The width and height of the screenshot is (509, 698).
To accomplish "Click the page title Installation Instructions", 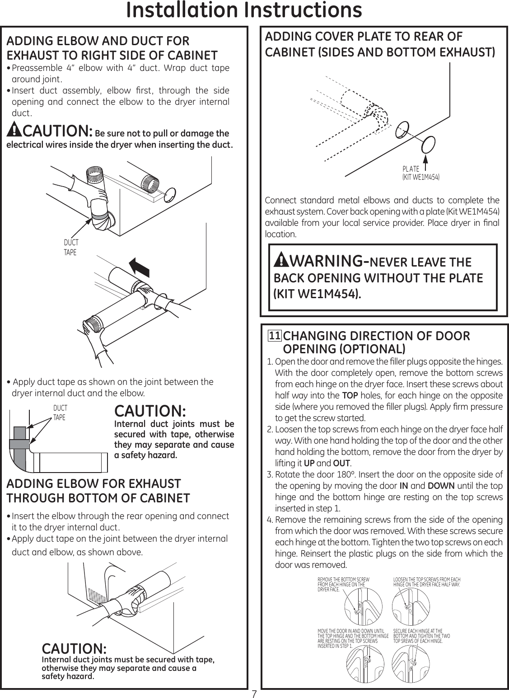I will click(x=244, y=11).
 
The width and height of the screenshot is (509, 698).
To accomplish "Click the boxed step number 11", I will click(x=275, y=336).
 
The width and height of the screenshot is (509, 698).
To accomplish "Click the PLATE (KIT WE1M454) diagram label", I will click(x=420, y=173).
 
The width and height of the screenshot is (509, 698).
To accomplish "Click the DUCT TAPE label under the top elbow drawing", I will click(x=70, y=248).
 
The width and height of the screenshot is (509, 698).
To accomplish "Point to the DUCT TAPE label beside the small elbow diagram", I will click(x=59, y=413).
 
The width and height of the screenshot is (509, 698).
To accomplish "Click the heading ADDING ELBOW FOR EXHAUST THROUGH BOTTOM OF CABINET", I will click(x=98, y=491).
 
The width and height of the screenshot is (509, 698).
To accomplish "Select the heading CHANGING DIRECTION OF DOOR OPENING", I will click(x=376, y=342).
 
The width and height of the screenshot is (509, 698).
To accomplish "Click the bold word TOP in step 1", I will click(x=350, y=396).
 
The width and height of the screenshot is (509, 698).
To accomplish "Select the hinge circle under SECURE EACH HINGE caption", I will click(x=411, y=661).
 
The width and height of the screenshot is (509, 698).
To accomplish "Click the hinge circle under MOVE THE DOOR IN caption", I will click(x=363, y=661).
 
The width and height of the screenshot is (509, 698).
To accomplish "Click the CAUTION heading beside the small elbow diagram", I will click(x=150, y=411).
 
